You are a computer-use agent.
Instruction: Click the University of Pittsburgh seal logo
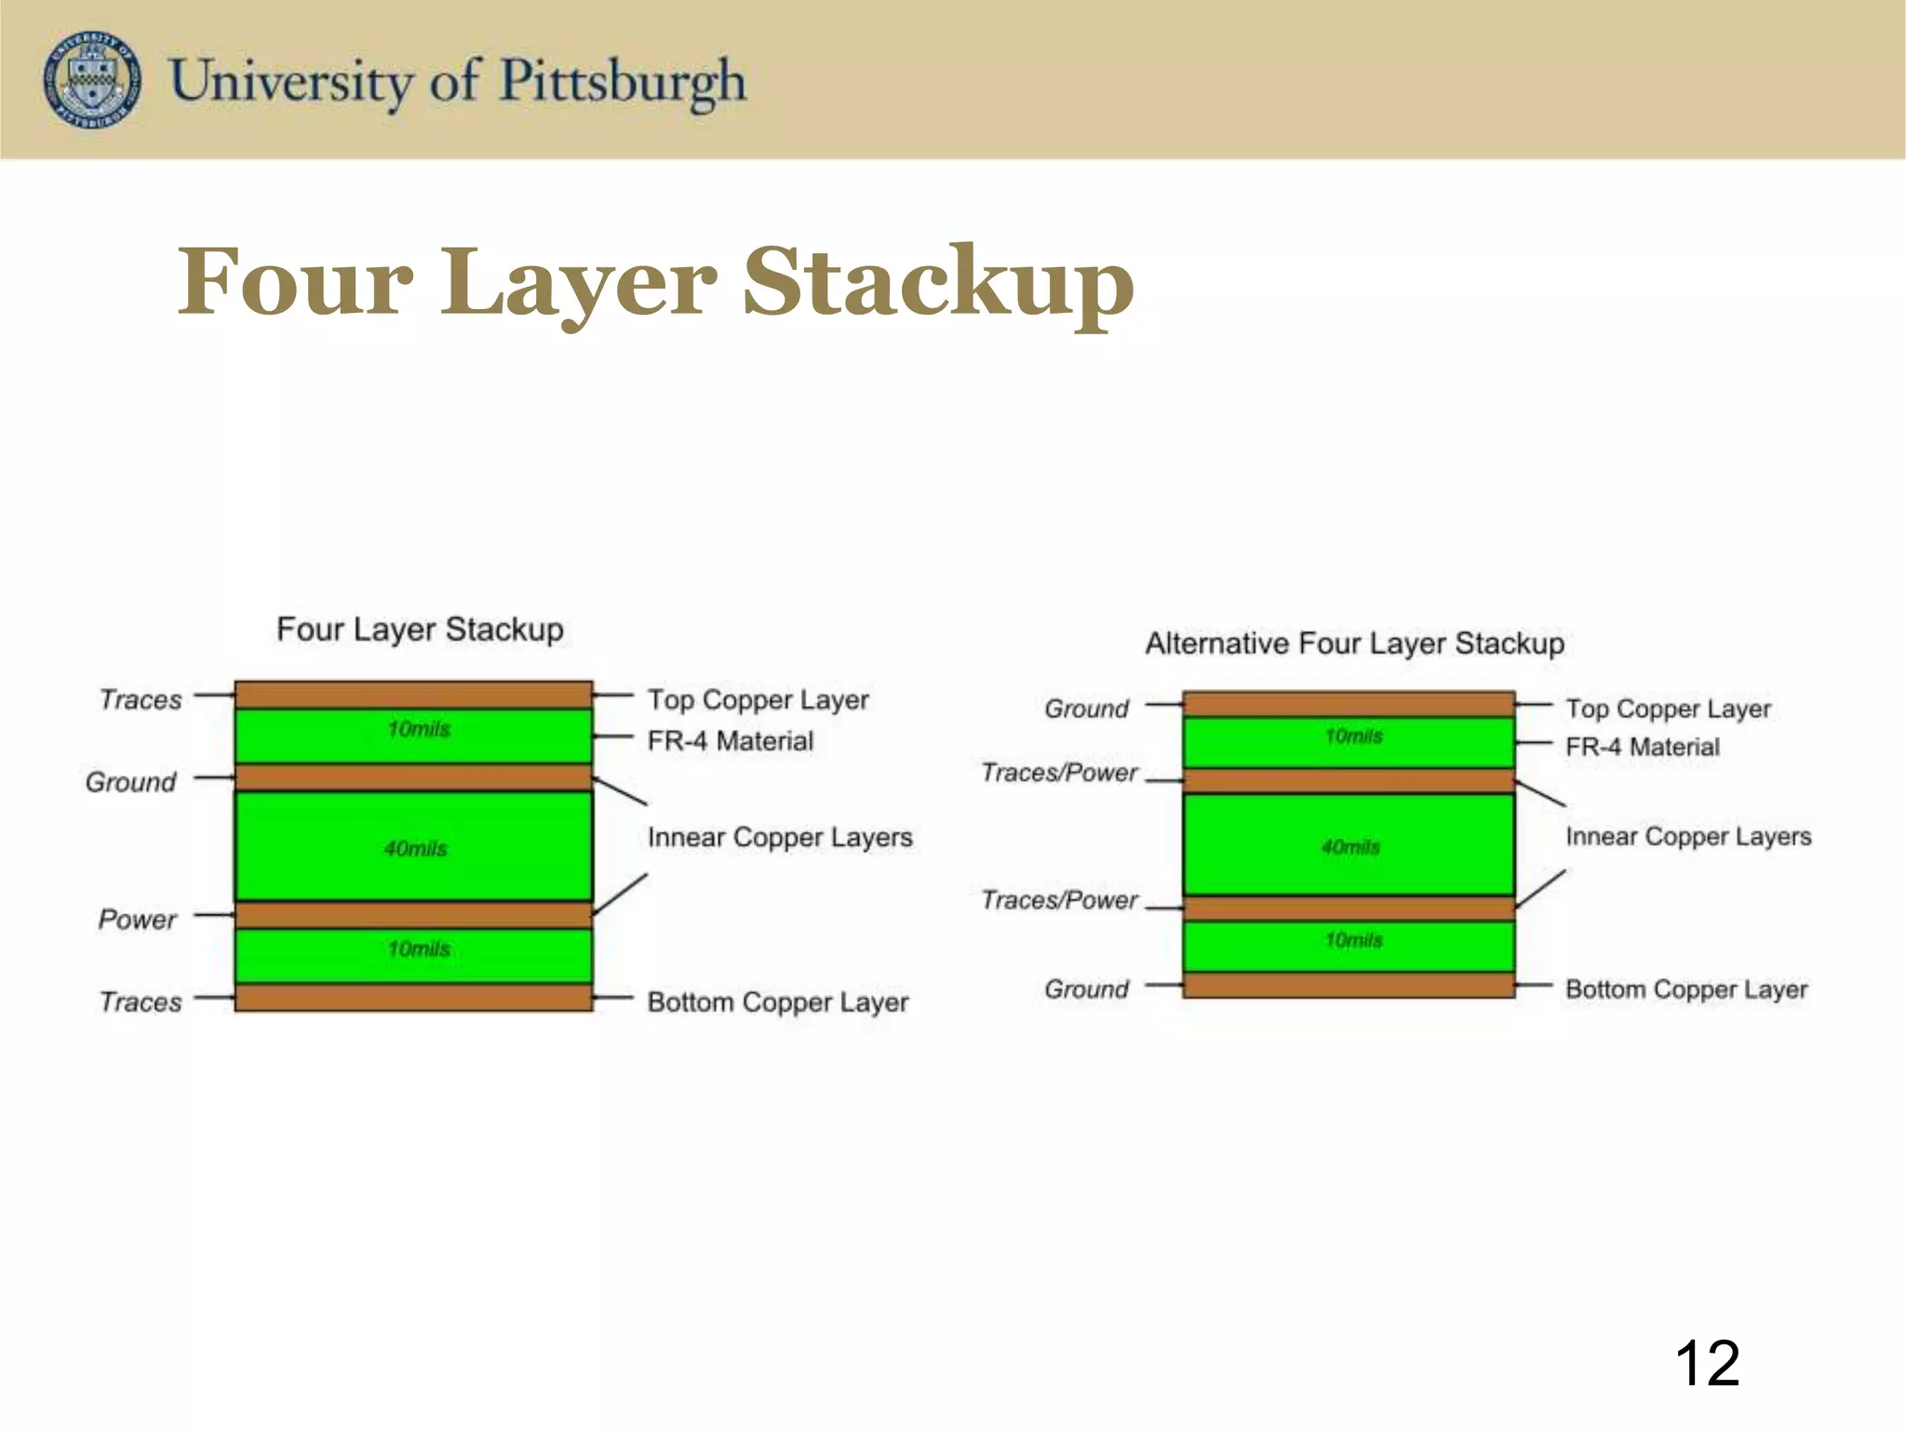[x=92, y=79]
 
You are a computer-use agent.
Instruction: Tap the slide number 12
[x=1707, y=1364]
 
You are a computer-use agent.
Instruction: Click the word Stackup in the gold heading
[x=938, y=281]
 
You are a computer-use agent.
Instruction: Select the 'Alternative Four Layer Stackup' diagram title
[x=1354, y=643]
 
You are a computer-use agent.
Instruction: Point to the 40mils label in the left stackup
[x=416, y=848]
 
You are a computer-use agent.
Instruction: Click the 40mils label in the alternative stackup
[x=1351, y=846]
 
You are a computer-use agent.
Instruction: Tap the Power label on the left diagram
[x=137, y=920]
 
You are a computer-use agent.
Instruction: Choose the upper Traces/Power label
[x=1059, y=773]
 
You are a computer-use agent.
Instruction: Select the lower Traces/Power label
[x=1059, y=900]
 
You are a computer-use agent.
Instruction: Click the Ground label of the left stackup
[x=130, y=782]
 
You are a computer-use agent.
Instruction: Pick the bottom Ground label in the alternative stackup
[x=1086, y=989]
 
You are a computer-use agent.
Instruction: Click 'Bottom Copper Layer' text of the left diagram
[x=777, y=1002]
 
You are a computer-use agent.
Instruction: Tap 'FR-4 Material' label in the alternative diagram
[x=1643, y=747]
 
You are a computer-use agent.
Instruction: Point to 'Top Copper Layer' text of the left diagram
[x=758, y=699]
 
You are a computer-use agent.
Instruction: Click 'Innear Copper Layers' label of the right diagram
[x=1688, y=836]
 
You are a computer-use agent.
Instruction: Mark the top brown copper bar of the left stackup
[x=413, y=695]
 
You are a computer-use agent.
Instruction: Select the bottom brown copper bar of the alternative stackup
[x=1349, y=985]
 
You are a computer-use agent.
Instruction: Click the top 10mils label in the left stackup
[x=419, y=729]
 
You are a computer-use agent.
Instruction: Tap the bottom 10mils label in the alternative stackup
[x=1354, y=940]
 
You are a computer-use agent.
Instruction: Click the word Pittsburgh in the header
[x=623, y=81]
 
